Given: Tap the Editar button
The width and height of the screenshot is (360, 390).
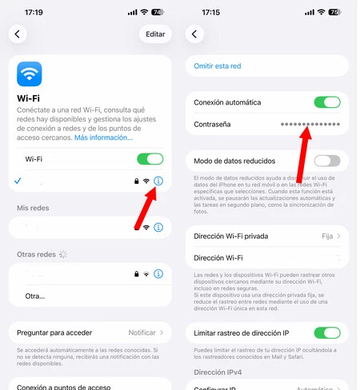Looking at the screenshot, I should [155, 34].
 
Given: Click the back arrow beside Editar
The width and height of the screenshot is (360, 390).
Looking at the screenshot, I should [18, 34].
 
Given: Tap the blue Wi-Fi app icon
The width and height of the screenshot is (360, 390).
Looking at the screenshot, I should [30, 74].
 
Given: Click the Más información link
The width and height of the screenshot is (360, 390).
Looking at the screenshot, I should [104, 137].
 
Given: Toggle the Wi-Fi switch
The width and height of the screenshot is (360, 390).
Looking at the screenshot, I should [150, 159].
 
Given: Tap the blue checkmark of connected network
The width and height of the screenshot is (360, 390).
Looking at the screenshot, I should [18, 181].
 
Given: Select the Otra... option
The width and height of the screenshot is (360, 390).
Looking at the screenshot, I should [35, 296].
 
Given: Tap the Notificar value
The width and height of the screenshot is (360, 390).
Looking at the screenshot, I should [142, 332].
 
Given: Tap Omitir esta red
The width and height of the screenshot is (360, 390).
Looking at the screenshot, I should [218, 66].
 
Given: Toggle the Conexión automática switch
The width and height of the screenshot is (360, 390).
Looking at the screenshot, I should [327, 102].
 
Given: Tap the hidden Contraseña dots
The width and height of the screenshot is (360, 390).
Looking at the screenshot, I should [310, 125].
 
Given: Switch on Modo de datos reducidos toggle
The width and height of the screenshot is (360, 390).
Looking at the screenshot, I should [327, 160].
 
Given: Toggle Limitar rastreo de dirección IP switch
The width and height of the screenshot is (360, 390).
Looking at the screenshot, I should [327, 332].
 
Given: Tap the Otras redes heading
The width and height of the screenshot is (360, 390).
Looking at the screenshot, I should [37, 254].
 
